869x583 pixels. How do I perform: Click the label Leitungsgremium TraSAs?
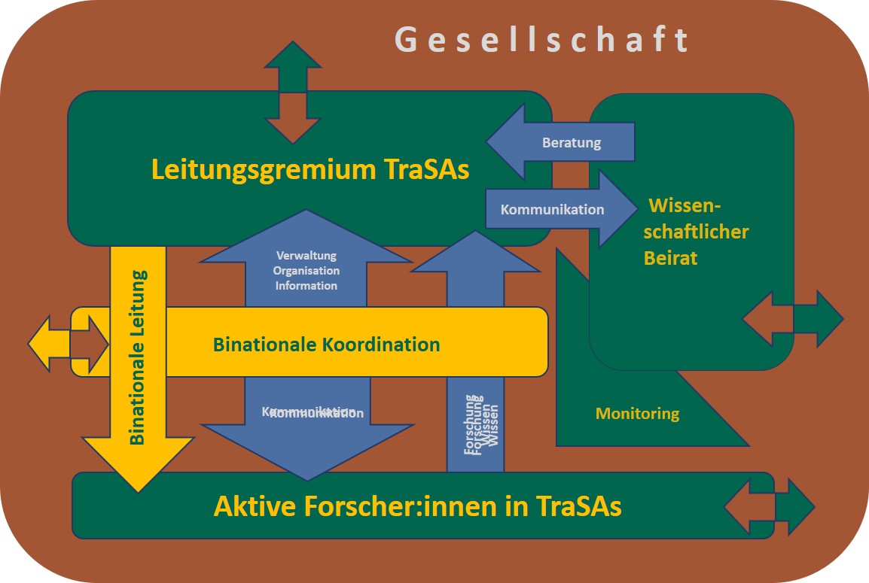(x=310, y=169)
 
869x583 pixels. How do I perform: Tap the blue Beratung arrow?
(x=571, y=142)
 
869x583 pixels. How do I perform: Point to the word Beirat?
(x=670, y=258)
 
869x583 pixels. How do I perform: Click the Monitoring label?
(x=637, y=413)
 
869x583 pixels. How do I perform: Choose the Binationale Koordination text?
(x=326, y=345)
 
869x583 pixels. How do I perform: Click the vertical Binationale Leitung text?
(x=137, y=357)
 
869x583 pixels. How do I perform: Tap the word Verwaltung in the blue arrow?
(x=306, y=256)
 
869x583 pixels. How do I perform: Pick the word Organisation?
(x=306, y=271)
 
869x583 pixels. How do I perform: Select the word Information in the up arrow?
(x=306, y=286)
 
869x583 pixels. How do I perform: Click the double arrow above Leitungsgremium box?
(x=293, y=92)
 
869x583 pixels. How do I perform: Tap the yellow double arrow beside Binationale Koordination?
(x=69, y=345)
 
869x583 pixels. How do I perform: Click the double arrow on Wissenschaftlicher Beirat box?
(x=793, y=319)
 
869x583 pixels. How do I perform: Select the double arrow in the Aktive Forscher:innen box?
(x=769, y=506)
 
